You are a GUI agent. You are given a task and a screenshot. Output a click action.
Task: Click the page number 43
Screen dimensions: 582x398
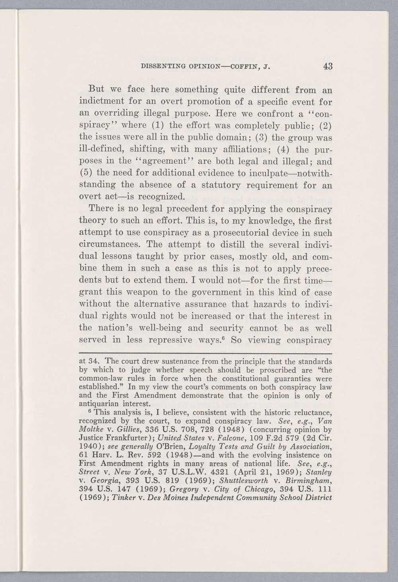coord(328,66)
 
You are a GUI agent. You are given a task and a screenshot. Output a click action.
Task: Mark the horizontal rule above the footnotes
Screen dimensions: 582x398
coord(206,353)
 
